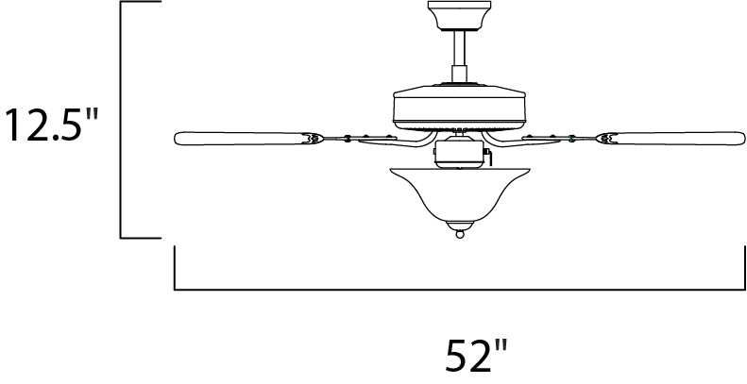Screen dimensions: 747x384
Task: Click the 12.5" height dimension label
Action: (x=51, y=125)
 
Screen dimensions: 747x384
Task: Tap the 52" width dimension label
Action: (x=476, y=356)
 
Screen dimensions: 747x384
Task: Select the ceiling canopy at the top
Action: (x=459, y=16)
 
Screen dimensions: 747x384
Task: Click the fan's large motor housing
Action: (x=459, y=107)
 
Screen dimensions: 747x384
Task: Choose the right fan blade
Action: (x=671, y=138)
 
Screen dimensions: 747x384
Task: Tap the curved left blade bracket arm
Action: (x=396, y=141)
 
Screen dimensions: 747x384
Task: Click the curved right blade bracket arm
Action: (x=521, y=141)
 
